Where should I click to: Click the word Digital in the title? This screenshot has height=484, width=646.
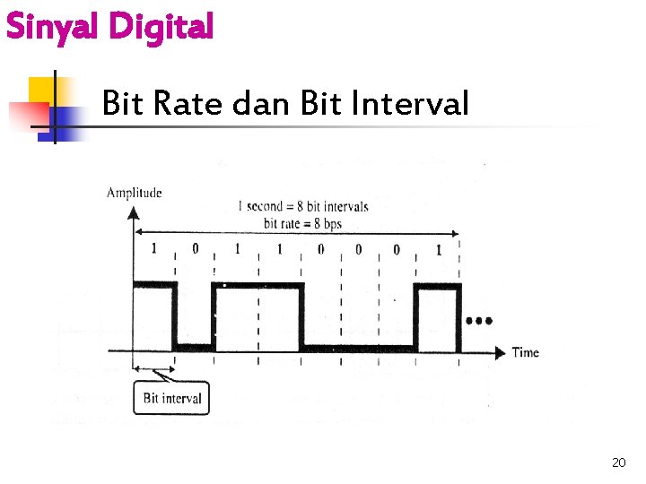161,27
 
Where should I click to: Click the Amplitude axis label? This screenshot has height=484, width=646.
135,192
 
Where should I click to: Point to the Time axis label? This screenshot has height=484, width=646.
525,352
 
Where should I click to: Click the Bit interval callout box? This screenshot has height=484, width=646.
172,398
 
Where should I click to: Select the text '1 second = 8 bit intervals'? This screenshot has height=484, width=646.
302,206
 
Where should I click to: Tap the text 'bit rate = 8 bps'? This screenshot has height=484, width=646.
303,222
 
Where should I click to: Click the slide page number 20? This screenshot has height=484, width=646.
618,462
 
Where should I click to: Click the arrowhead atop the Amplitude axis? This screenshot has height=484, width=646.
134,212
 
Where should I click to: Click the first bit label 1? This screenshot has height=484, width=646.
153,249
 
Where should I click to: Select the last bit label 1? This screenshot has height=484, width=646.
438,249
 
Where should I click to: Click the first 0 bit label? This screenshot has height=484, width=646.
195,249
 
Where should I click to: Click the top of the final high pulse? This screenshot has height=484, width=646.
437,286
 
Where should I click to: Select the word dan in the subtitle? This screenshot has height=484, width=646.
261,104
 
